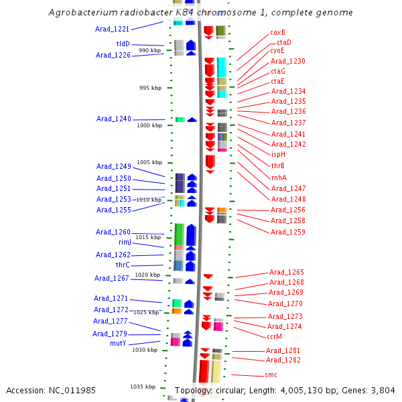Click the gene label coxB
pos(277,32)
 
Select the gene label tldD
pos(123,44)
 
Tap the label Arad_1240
pos(113,119)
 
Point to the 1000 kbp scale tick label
pos(149,125)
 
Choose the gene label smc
pos(271,375)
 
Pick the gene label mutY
pos(118,343)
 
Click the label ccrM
pos(274,336)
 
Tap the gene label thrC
pos(123,265)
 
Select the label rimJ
pos(125,242)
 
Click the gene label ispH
pos(278,154)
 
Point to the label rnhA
pos(279,178)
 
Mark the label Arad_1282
pos(283,360)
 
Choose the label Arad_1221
pos(113,29)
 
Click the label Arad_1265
pos(286,272)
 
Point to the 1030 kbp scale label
pos(144,350)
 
